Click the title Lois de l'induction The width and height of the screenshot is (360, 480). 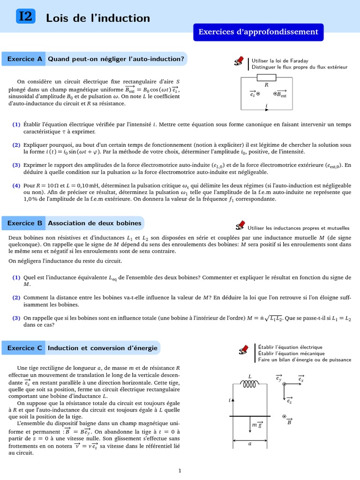(98, 18)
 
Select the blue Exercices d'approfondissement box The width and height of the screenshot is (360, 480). (258, 32)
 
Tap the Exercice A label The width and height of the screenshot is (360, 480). (24, 59)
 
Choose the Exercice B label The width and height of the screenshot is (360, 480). (24, 223)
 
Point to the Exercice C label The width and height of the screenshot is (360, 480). (24, 348)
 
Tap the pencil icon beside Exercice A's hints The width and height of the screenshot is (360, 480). (240, 62)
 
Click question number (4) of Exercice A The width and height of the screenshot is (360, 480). (16, 186)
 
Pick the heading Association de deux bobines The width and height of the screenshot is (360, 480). (94, 223)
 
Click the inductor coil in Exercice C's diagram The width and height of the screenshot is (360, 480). (250, 384)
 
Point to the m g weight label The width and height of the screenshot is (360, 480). (257, 425)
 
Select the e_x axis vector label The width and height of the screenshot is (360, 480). (301, 379)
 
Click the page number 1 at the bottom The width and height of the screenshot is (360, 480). (180, 471)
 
